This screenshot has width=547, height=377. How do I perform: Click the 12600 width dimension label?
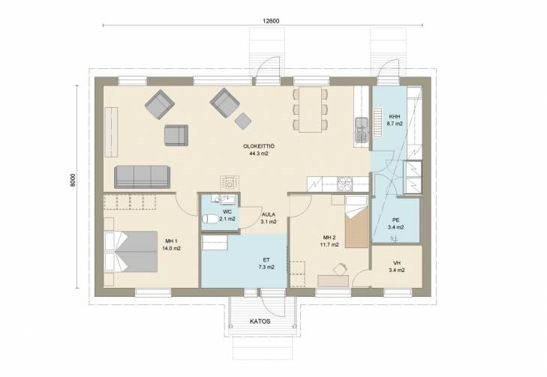(x=271, y=21)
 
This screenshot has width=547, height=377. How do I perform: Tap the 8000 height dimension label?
(x=73, y=180)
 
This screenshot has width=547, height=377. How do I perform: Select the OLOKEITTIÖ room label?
(x=259, y=146)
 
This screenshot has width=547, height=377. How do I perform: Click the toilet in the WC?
(x=210, y=219)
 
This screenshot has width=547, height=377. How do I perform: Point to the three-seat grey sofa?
(x=142, y=177)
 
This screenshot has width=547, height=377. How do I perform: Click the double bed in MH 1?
(x=131, y=251)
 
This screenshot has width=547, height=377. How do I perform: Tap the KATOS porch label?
(x=260, y=322)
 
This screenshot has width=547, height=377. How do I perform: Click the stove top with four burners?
(x=344, y=184)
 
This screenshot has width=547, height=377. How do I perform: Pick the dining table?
(x=310, y=109)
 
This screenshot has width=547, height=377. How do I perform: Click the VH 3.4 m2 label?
(x=397, y=267)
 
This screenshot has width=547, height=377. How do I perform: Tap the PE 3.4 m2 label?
(x=395, y=223)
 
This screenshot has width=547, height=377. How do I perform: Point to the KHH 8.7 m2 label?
(x=395, y=120)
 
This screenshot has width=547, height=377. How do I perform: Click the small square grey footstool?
(x=243, y=121)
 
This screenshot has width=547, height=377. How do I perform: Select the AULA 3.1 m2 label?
(x=269, y=218)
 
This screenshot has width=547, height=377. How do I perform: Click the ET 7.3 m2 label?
(x=266, y=263)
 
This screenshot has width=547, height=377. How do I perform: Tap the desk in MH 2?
(x=333, y=281)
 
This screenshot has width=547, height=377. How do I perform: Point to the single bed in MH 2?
(x=356, y=222)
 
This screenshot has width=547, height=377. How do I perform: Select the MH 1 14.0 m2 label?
(x=171, y=245)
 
